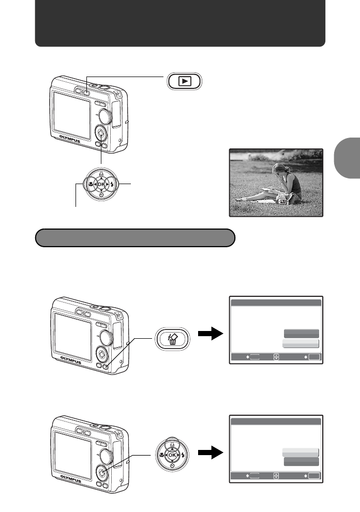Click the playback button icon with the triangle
[184, 81]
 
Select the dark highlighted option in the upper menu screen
[301, 334]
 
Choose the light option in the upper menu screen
[301, 343]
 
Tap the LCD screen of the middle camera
[73, 331]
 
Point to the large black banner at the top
[180, 24]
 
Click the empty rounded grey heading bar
[135, 238]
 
